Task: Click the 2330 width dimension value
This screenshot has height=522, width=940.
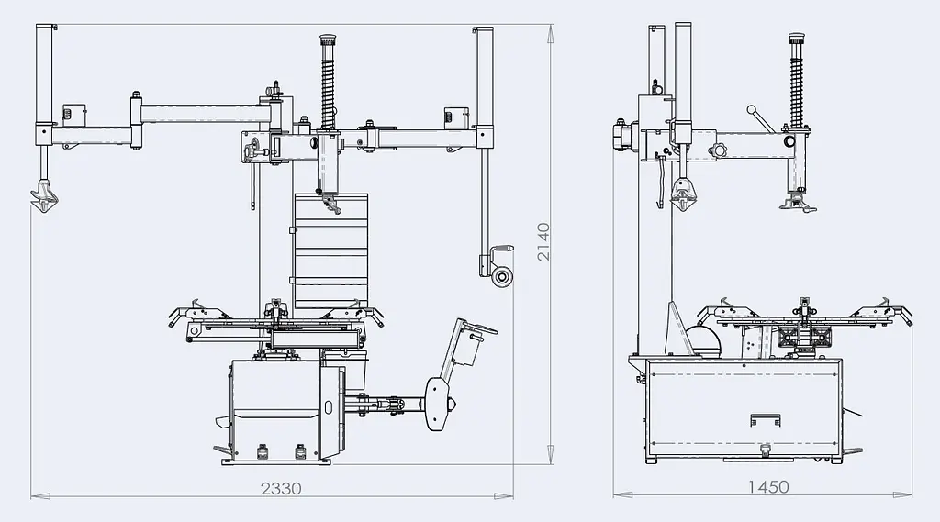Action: point(281,488)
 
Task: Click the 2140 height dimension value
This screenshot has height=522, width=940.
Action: point(543,241)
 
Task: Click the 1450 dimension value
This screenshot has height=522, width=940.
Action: point(768,486)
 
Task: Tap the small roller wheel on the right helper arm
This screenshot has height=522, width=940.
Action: point(501,276)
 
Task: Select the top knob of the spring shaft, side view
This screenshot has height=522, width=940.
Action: point(796,40)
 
